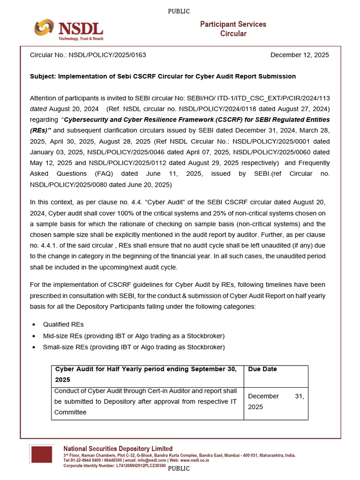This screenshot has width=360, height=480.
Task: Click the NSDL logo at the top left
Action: (68, 29)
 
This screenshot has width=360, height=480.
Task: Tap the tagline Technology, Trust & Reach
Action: (81, 39)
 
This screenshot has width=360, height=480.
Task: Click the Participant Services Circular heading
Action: (233, 29)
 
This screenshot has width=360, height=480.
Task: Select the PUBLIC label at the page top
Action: (179, 11)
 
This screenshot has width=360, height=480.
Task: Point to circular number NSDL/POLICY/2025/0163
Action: (107, 55)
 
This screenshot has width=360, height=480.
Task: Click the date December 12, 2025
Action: (300, 55)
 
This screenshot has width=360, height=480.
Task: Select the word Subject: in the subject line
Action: (43, 76)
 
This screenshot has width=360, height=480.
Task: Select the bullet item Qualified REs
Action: (63, 324)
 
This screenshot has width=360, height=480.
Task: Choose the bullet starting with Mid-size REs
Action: (134, 336)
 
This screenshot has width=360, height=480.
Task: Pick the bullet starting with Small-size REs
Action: (134, 347)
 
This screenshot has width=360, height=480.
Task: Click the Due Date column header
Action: (262, 369)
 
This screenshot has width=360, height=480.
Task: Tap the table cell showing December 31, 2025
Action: (276, 402)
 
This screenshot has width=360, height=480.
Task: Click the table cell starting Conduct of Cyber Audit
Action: (146, 402)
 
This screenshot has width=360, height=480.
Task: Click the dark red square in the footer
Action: (41, 455)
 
